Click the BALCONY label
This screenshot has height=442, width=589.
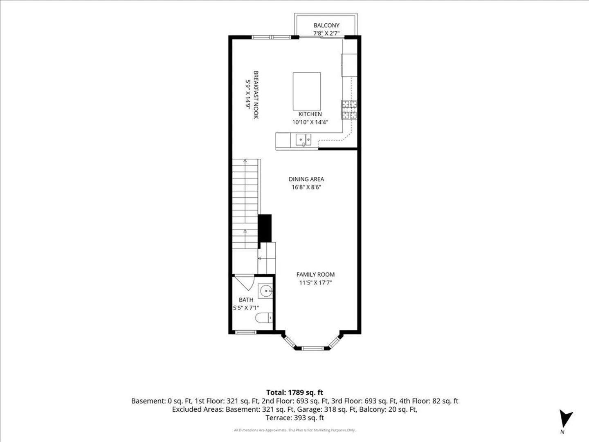tap(326, 25)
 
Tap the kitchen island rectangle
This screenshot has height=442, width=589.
tap(307, 91)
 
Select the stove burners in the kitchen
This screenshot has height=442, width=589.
tap(349, 110)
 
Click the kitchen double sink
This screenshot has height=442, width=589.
tap(303, 140)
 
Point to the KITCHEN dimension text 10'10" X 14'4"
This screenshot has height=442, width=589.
tap(310, 122)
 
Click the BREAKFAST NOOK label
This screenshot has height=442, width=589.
tap(256, 95)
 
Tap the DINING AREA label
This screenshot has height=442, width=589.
tap(306, 179)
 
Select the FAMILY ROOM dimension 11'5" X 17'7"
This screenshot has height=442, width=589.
tap(315, 282)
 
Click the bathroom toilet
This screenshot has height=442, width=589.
tap(264, 318)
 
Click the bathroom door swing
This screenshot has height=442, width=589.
tap(245, 282)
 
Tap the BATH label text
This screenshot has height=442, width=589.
tap(246, 300)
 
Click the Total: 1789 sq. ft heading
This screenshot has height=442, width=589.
tap(294, 392)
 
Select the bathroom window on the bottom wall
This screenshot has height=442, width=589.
tap(245, 332)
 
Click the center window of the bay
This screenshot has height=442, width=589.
tap(312, 348)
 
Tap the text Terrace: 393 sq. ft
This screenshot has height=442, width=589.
tap(294, 418)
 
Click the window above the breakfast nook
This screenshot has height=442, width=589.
tap(271, 37)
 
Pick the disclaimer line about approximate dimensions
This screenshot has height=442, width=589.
tap(294, 430)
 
